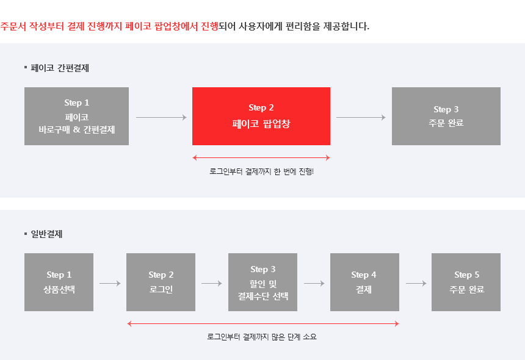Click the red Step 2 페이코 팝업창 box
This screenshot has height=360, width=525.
pos(261,116)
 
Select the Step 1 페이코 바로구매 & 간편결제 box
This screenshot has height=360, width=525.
pos(77,116)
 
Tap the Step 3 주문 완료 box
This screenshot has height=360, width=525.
pos(446,116)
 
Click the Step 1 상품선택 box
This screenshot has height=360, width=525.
pos(59,282)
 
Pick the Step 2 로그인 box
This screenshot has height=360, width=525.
pos(161,282)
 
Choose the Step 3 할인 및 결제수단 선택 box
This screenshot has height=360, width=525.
pos(263,282)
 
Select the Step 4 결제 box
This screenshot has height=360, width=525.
pos(364,282)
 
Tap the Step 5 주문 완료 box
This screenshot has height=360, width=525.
pos(466,282)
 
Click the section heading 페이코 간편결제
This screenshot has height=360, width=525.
pos(60,68)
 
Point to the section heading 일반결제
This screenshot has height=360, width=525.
pos(46,234)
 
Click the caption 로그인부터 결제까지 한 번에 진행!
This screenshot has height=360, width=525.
pos(261,171)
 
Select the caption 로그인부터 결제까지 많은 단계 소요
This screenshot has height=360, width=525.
pos(261,337)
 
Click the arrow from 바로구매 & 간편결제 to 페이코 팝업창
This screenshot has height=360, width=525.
pos(161,117)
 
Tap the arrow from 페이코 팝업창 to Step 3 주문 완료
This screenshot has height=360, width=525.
pos(361,117)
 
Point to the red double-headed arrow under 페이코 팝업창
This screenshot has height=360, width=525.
pos(261,157)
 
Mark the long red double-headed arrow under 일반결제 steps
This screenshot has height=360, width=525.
pos(263,323)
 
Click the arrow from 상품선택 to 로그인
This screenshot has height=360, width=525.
pos(110,283)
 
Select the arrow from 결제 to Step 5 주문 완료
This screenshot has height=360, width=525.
pos(416,283)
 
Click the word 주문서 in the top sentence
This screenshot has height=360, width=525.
pos(13,26)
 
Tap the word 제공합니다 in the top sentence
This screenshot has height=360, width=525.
pos(346,26)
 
